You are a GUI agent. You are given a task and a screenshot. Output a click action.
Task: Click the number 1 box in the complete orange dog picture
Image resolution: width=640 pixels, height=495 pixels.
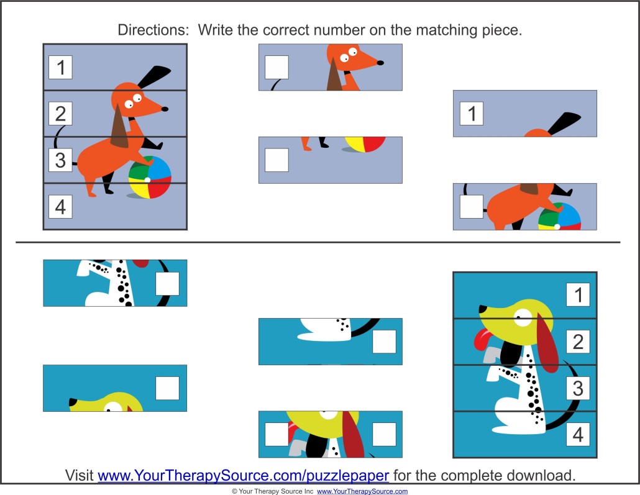click(60, 67)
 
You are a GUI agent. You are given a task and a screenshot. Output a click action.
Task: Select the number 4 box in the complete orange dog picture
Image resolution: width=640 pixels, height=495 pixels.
click(60, 206)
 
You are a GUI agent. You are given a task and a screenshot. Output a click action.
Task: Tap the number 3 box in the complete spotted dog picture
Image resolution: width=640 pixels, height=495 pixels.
click(578, 388)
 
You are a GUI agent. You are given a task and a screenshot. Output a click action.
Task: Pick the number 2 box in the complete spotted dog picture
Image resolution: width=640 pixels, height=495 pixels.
click(578, 342)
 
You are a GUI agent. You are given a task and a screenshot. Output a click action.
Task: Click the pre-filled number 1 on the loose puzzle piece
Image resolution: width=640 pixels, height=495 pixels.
click(472, 114)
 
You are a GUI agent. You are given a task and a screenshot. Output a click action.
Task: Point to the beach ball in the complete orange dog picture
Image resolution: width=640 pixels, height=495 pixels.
click(150, 177)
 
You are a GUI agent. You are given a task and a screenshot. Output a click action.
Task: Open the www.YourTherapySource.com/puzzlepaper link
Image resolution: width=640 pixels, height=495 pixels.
click(244, 476)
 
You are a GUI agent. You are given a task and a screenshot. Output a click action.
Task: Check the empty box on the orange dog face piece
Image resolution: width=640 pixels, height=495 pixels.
click(277, 67)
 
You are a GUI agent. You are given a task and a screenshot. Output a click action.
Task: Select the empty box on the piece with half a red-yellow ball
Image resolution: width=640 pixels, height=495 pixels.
click(277, 160)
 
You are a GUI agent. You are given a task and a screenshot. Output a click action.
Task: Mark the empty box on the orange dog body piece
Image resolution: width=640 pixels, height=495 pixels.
click(472, 206)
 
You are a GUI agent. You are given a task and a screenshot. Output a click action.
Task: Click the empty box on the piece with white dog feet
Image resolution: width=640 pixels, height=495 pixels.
click(384, 342)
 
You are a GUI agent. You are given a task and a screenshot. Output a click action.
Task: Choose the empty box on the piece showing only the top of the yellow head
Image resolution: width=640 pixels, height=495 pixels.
click(167, 388)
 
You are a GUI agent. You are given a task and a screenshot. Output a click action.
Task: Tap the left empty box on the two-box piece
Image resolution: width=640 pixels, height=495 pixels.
click(277, 434)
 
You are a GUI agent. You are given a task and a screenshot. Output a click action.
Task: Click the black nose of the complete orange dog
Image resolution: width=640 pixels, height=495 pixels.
click(165, 109)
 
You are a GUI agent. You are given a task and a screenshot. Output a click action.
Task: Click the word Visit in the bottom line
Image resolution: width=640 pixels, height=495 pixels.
click(80, 476)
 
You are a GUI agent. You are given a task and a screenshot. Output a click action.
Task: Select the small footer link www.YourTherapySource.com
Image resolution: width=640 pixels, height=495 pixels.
click(362, 491)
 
